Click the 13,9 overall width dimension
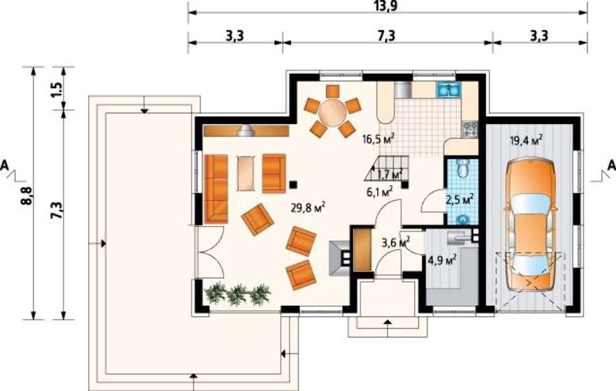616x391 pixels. [387, 6]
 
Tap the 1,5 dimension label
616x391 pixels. [57, 90]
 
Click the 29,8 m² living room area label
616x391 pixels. [308, 207]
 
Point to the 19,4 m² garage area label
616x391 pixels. [527, 140]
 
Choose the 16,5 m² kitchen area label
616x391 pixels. [378, 139]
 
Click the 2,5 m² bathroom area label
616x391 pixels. [460, 200]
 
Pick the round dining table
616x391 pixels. [333, 112]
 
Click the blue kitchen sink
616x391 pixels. [448, 91]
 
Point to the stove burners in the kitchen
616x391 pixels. [470, 129]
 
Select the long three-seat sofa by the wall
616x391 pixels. [216, 189]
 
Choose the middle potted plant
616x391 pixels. [238, 294]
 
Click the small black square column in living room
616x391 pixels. [293, 183]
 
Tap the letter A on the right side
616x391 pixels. [611, 165]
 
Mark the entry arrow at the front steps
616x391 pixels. [387, 321]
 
